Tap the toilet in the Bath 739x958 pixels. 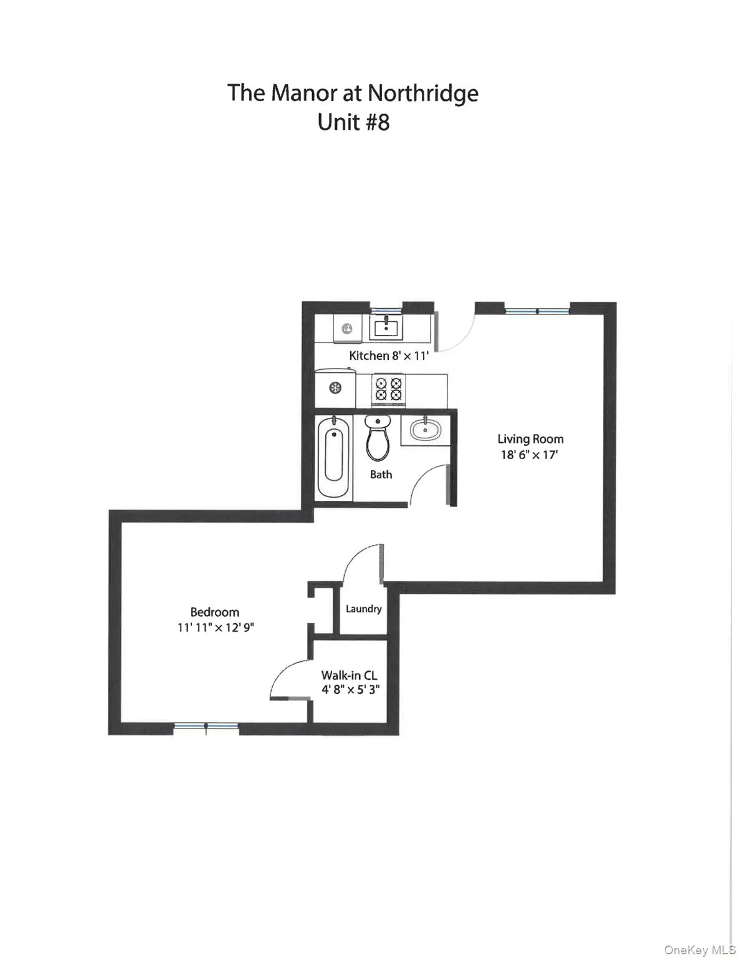[x=377, y=438]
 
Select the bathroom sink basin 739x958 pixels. [x=426, y=430]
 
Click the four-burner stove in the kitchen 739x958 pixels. [x=388, y=389]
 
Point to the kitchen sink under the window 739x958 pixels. [x=386, y=327]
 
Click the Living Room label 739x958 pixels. [x=530, y=439]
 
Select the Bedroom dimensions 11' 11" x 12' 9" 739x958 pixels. [x=216, y=627]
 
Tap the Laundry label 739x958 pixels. [x=363, y=609]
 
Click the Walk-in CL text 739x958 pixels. [x=349, y=675]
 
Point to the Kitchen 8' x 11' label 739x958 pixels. [x=389, y=356]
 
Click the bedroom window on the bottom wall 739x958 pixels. [x=206, y=726]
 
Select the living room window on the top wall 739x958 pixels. [x=536, y=311]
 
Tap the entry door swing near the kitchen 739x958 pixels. [x=455, y=334]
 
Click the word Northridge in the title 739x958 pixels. [x=422, y=93]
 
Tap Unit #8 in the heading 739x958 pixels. [x=353, y=122]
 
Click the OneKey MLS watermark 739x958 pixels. [x=700, y=950]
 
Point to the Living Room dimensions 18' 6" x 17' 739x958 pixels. [x=529, y=455]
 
